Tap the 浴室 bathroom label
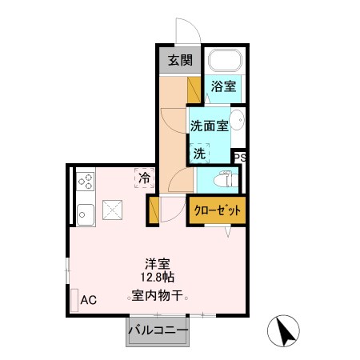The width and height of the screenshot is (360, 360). coord(223,87)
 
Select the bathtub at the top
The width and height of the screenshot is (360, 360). coord(223,62)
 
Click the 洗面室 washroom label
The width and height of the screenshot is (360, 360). coord(209,125)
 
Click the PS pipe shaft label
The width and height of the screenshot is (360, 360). coord(238,158)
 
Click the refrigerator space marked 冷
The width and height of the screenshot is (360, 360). coord(145,178)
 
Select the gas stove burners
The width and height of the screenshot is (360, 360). coord(85,182)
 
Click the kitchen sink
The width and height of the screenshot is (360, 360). coord(85,214)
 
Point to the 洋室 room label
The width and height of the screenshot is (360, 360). coord(157,263)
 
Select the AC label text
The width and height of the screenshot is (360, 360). coord(88,301)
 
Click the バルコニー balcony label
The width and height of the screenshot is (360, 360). coord(158,330)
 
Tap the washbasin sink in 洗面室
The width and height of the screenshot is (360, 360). coord(242,123)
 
